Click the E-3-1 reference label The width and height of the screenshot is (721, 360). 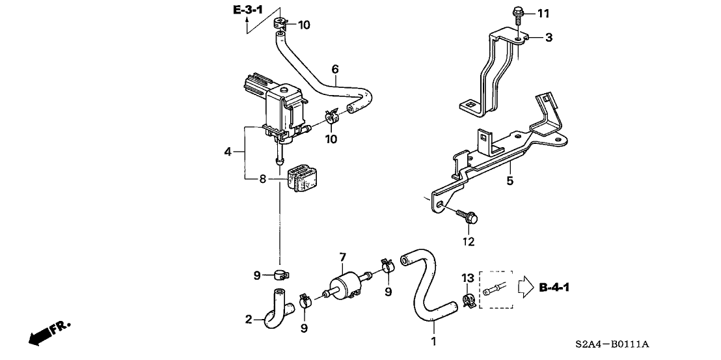[249, 10]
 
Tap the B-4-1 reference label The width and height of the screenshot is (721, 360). [556, 286]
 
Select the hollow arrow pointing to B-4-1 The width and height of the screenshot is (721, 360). [525, 286]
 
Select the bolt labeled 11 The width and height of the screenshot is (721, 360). [518, 12]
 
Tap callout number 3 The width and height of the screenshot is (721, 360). [549, 38]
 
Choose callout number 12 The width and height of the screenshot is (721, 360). [469, 242]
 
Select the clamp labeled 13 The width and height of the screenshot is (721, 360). [467, 299]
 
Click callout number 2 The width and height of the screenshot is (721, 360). [249, 319]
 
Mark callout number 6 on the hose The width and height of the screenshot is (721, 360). [335, 68]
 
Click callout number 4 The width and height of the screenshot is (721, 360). [228, 152]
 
